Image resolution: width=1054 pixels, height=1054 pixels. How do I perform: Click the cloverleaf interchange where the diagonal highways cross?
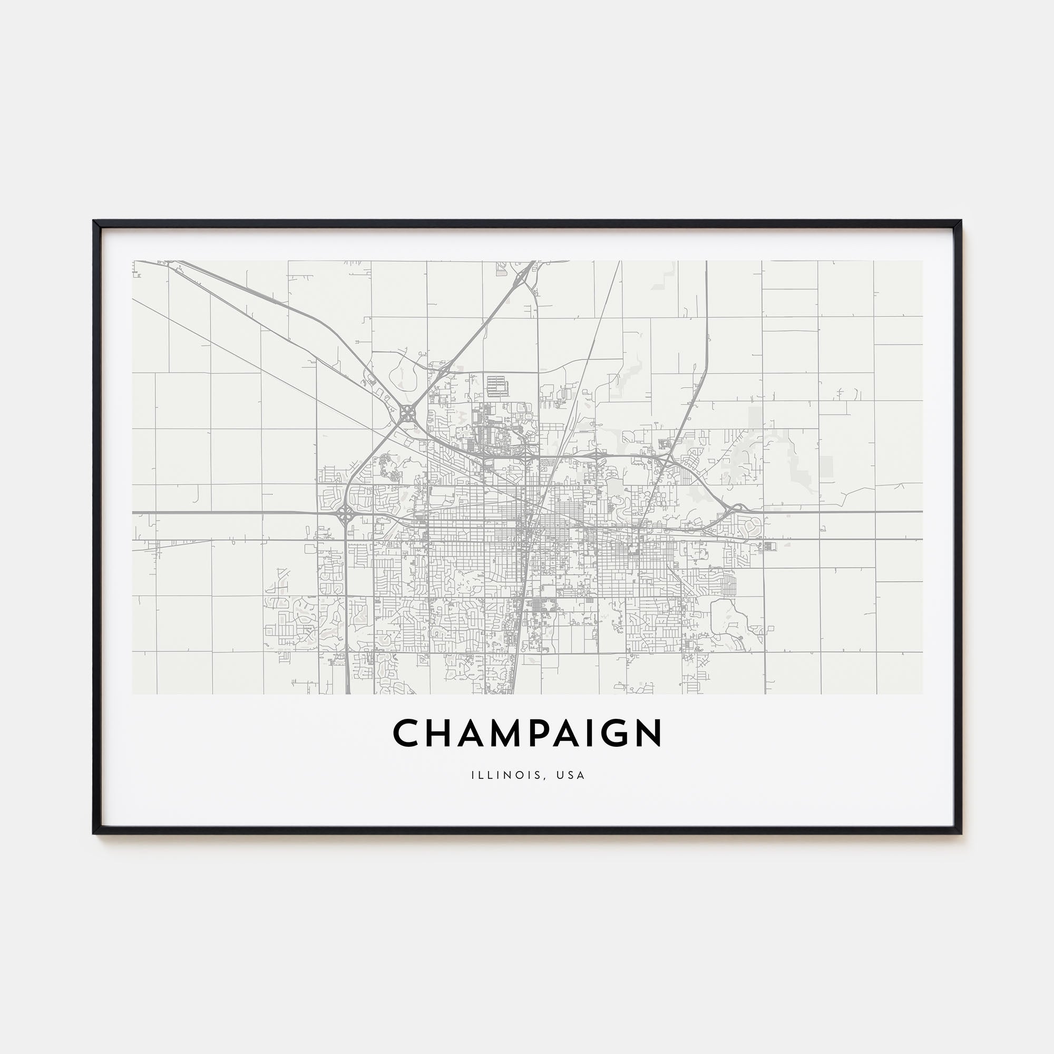406,414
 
